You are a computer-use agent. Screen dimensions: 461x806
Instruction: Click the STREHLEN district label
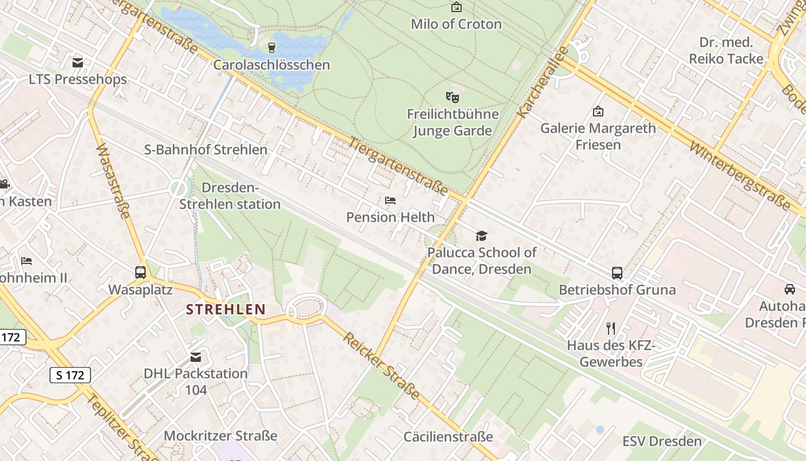point(226,309)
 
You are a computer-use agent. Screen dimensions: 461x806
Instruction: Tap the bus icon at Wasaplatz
point(140,273)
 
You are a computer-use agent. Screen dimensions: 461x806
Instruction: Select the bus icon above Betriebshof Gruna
point(617,273)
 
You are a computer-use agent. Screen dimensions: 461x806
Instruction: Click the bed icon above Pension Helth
point(390,201)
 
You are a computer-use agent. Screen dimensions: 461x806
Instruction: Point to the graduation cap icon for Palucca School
point(481,236)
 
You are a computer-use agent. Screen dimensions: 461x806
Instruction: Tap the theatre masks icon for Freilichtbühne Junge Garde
point(453,97)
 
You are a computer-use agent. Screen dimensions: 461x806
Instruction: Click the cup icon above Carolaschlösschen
point(272,47)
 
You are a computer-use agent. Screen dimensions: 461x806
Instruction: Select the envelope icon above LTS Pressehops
point(78,62)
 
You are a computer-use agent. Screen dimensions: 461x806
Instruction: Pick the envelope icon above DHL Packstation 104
point(196,357)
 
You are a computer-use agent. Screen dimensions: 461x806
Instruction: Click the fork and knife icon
point(611,328)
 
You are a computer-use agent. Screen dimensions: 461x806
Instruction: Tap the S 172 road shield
point(70,375)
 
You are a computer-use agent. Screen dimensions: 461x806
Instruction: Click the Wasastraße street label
point(113,181)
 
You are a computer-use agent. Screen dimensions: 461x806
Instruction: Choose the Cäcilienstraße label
point(448,437)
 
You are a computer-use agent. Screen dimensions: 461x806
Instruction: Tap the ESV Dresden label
point(662,441)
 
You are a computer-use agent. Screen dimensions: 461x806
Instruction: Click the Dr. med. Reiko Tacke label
point(726,51)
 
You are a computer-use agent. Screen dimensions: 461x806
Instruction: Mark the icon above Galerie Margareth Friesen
point(598,111)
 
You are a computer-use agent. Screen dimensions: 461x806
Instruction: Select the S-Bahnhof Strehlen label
point(206,150)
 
